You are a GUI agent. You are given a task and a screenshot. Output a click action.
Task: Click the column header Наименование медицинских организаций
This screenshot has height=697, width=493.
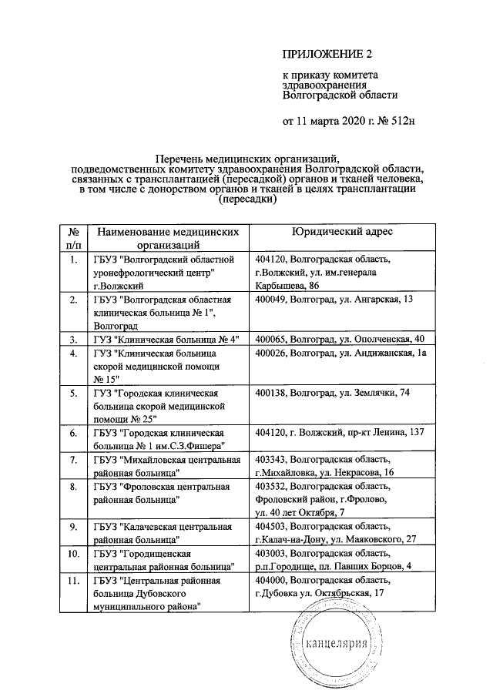point(163,237)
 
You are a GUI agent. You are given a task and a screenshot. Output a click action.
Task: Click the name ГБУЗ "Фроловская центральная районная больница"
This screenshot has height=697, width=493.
point(161,493)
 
